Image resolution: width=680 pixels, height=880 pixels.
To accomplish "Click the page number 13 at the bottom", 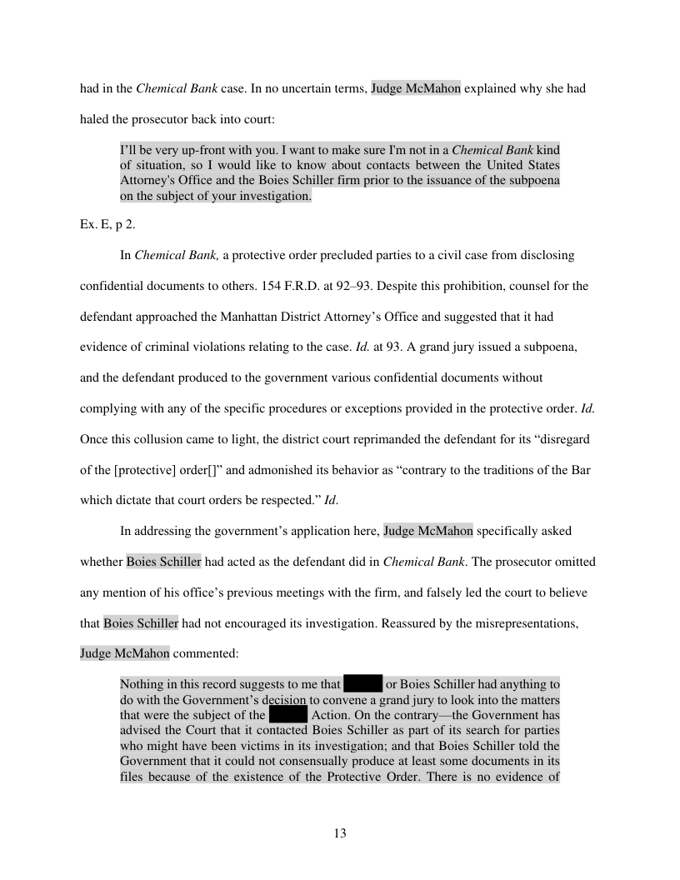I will [x=339, y=834].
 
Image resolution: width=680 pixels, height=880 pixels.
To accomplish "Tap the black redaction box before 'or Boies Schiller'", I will [x=362, y=684].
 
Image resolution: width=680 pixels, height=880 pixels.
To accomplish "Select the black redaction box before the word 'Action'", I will [x=288, y=715].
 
